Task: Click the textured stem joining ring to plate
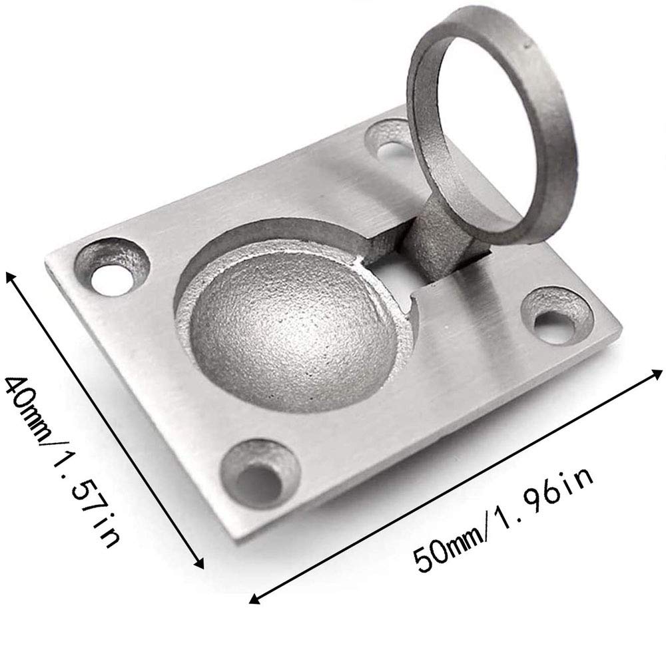[x=442, y=238]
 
